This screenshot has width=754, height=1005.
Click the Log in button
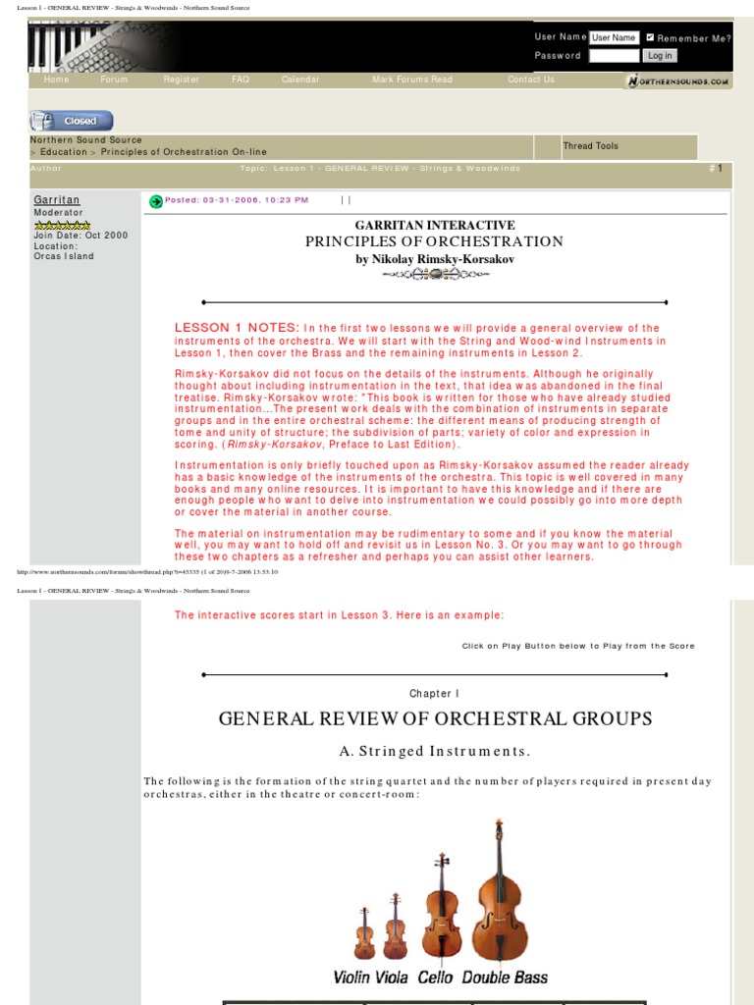[x=660, y=56]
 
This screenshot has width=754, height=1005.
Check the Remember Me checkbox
[x=650, y=37]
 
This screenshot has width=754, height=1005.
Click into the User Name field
[x=615, y=37]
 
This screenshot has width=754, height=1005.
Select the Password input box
[x=615, y=56]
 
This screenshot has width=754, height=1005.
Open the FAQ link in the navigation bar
[x=241, y=79]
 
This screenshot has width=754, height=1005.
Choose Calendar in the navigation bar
[x=300, y=79]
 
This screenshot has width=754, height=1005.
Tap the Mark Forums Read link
[x=412, y=79]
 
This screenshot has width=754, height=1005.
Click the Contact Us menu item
[x=531, y=79]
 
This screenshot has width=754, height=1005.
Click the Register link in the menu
[x=182, y=79]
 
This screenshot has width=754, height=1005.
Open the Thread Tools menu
[x=591, y=146]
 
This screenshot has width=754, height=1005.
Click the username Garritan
[x=57, y=199]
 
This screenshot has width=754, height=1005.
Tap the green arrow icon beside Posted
[x=156, y=201]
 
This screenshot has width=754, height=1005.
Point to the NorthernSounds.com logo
[x=677, y=80]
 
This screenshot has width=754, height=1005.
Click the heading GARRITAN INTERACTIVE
[x=435, y=226]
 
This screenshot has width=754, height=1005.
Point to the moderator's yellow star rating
[x=62, y=225]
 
